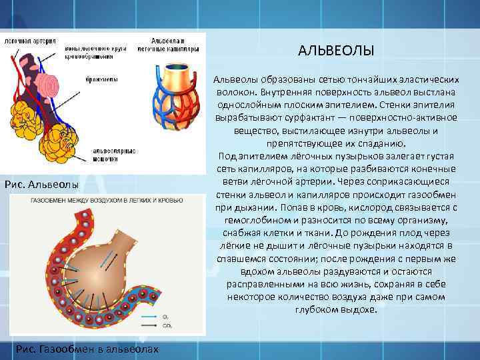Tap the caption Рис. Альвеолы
coord(41,184)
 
